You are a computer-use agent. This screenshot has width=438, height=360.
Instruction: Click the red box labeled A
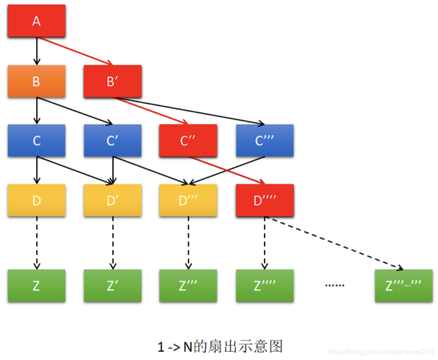coord(36,21)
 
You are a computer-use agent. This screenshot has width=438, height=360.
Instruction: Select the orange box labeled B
coord(36,81)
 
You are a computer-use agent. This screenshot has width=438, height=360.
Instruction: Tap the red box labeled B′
coord(112,81)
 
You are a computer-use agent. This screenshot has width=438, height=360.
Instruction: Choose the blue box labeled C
coord(36,140)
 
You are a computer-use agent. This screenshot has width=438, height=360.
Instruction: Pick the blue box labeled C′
coord(112,140)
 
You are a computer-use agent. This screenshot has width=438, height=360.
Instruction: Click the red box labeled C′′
coord(188,140)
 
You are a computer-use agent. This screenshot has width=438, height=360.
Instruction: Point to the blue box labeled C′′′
coord(265,140)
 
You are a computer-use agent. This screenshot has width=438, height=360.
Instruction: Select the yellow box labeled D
coord(36,200)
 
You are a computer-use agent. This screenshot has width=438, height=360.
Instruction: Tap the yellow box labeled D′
coord(112,200)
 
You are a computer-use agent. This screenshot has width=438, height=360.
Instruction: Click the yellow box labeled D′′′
coord(188,200)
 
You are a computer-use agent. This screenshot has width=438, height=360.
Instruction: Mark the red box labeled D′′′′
coord(265,200)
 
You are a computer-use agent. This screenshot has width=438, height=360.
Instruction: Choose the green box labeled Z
coord(36,285)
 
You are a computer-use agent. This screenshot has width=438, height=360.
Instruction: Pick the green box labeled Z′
coord(112,285)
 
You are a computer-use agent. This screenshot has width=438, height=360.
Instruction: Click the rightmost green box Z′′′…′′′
coord(403,285)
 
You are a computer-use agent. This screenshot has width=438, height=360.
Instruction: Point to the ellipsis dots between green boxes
coord(334,285)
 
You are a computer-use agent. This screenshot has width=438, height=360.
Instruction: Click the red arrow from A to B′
coord(75,51)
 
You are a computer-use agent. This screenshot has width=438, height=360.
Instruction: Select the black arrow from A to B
coord(37,51)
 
